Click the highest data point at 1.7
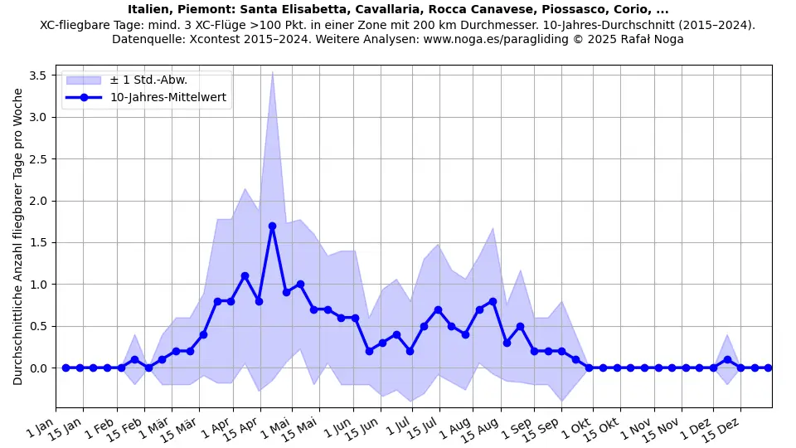[272, 226]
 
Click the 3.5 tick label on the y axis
[37, 75]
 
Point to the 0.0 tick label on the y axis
[37, 368]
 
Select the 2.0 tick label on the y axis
[37, 201]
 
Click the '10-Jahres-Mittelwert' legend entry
[168, 97]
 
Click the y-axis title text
[18, 236]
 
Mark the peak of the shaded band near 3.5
[272, 72]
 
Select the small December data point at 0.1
[727, 359]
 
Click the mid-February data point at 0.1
[134, 359]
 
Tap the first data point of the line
[66, 368]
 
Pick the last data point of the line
[768, 368]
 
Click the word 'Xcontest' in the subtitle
[213, 39]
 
